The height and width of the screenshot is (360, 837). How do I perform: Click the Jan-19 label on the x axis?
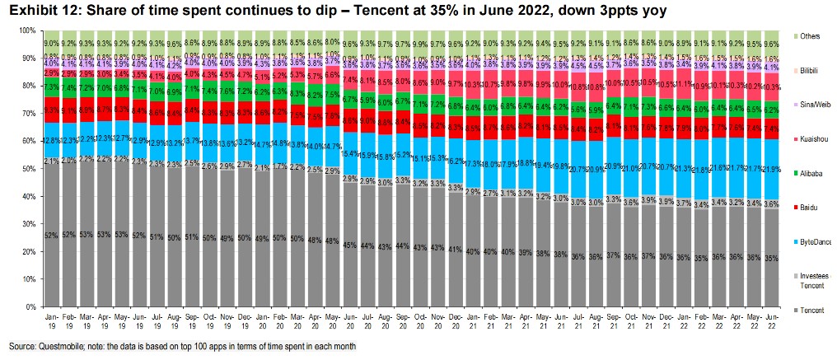50,319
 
